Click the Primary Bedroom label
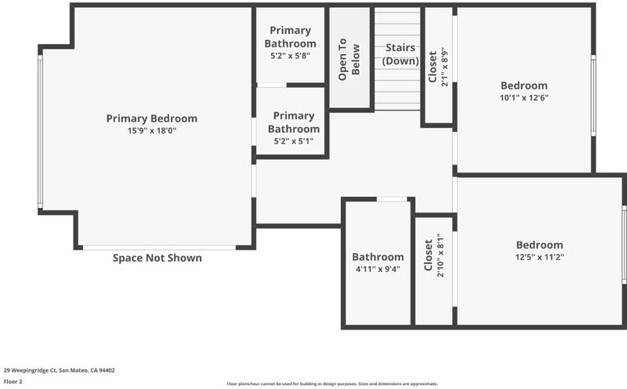pos(151,119)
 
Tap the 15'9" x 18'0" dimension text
pos(152,130)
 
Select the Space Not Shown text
pos(158,258)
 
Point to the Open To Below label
pos(349,60)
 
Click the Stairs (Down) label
pos(400,54)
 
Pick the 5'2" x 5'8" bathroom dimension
pos(290,56)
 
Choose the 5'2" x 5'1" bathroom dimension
pos(293,141)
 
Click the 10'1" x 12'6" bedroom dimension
pos(524,97)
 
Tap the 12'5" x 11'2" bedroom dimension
pos(539,257)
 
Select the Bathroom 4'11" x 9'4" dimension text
pos(378,269)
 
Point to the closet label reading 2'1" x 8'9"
pos(444,67)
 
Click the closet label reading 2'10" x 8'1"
pos(440,255)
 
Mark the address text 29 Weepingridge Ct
pos(31,370)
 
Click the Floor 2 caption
pos(13,381)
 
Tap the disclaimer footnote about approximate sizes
pos(332,384)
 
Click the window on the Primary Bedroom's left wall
pos(40,132)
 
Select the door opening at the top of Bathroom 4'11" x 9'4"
pos(392,199)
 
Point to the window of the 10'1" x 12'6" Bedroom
pos(593,95)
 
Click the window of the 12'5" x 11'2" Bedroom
pos(624,245)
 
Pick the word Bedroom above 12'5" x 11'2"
pos(539,245)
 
